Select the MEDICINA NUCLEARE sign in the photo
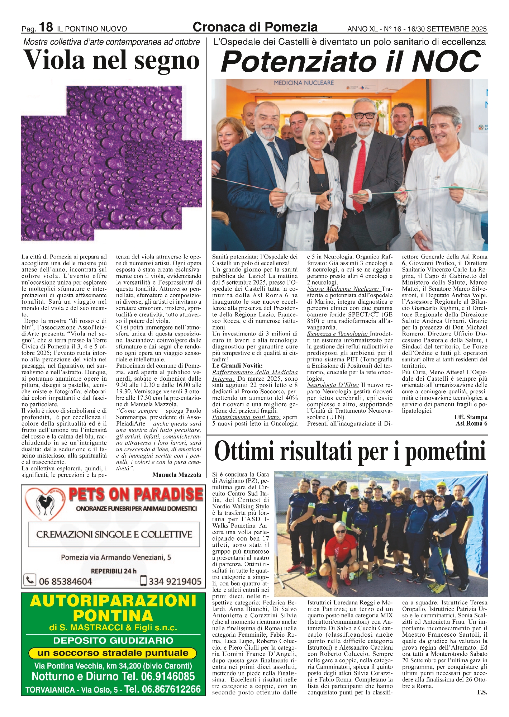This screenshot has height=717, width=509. click(304, 83)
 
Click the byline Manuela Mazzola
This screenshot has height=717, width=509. click(177, 475)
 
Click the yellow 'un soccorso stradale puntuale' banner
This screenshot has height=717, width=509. click(113, 653)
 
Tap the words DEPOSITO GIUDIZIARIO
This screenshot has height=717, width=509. click(113, 640)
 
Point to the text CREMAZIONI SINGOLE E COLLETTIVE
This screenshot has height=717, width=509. click(114, 534)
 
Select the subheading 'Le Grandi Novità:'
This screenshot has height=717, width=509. click(237, 366)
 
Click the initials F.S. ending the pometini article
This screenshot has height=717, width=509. click(482, 692)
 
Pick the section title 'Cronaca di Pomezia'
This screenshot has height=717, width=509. click(255, 27)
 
